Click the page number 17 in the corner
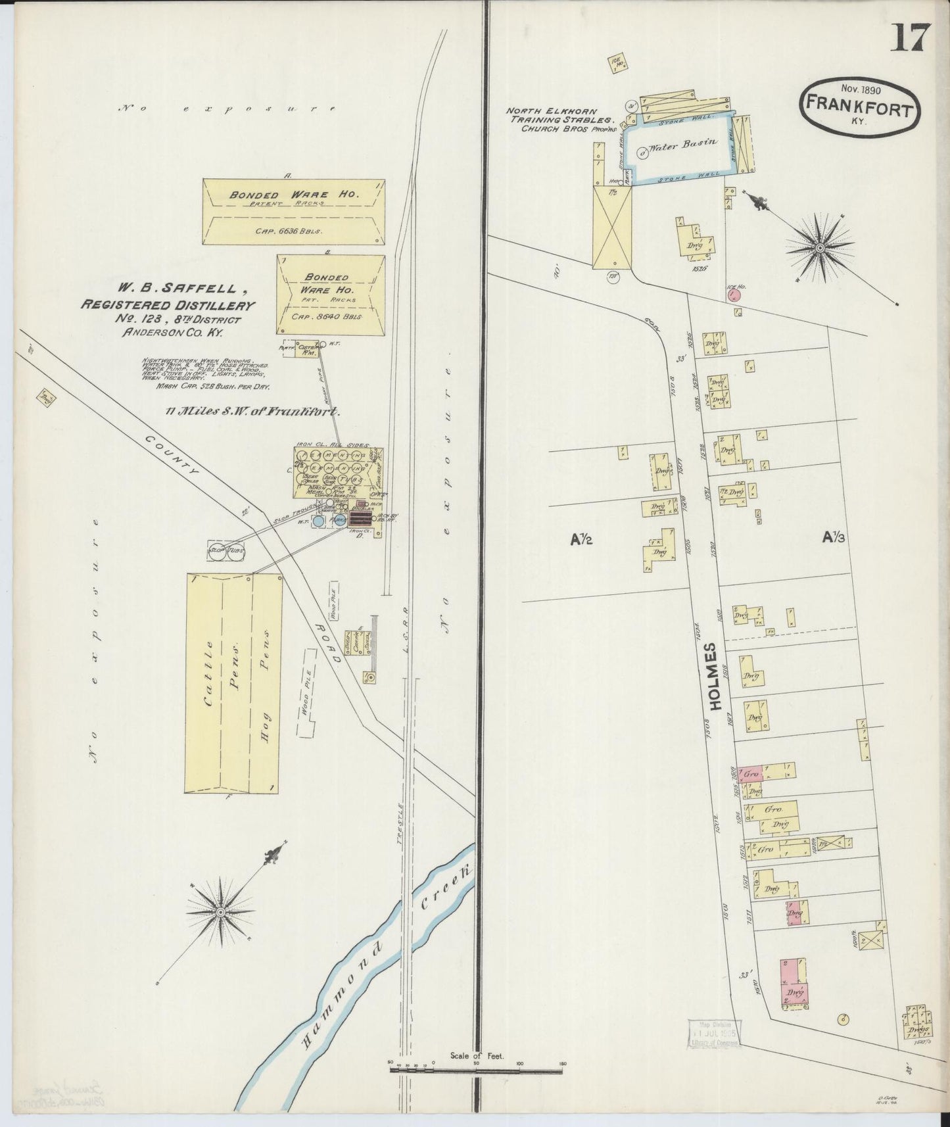point(910,37)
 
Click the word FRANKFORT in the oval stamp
point(859,107)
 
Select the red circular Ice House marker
point(735,296)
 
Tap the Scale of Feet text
point(477,1056)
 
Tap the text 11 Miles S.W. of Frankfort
point(252,412)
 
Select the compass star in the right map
point(820,247)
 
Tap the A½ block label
point(582,539)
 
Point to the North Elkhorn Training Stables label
point(559,120)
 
